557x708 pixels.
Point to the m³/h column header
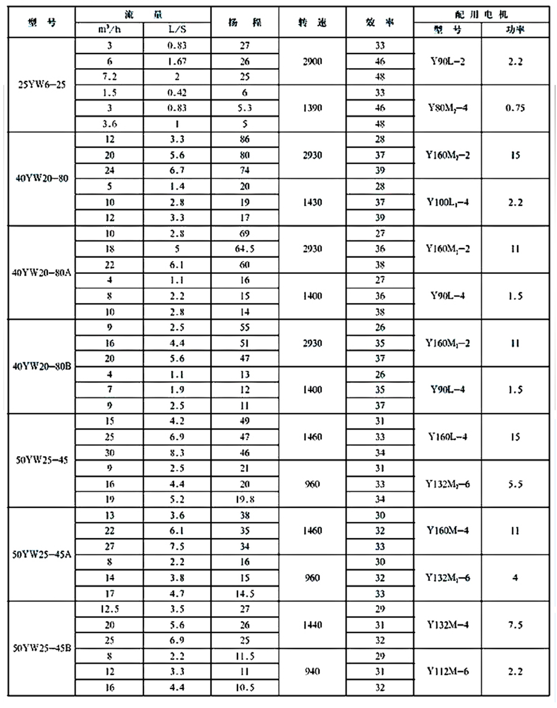[x=109, y=29]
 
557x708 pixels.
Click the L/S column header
[x=177, y=29]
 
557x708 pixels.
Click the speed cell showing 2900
[x=312, y=61]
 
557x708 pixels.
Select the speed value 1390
[x=312, y=108]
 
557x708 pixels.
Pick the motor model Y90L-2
[x=447, y=61]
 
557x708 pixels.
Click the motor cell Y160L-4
[x=447, y=437]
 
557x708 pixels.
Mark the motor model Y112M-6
[x=447, y=671]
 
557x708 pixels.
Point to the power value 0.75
[x=515, y=108]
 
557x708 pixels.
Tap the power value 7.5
[x=515, y=625]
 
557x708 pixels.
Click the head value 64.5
[x=245, y=249]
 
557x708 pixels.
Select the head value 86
[x=245, y=139]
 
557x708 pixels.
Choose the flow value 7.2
[x=109, y=77]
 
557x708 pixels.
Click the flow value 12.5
[x=109, y=609]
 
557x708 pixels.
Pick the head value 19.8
[x=245, y=499]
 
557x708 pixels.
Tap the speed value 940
[x=312, y=671]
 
